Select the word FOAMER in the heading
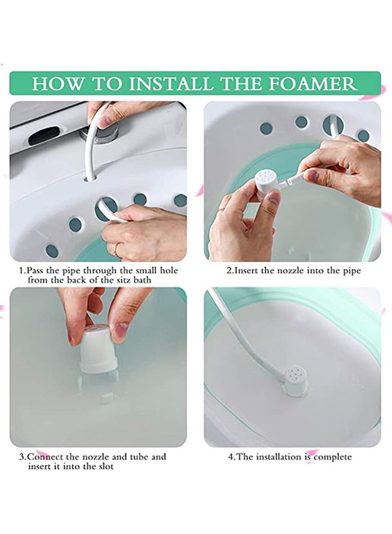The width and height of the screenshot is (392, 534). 315,82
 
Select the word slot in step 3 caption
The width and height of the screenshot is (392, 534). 103,466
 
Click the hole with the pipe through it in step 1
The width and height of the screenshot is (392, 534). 106,208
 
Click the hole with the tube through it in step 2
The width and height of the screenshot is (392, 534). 332,125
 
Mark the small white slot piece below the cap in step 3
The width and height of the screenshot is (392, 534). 106,397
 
